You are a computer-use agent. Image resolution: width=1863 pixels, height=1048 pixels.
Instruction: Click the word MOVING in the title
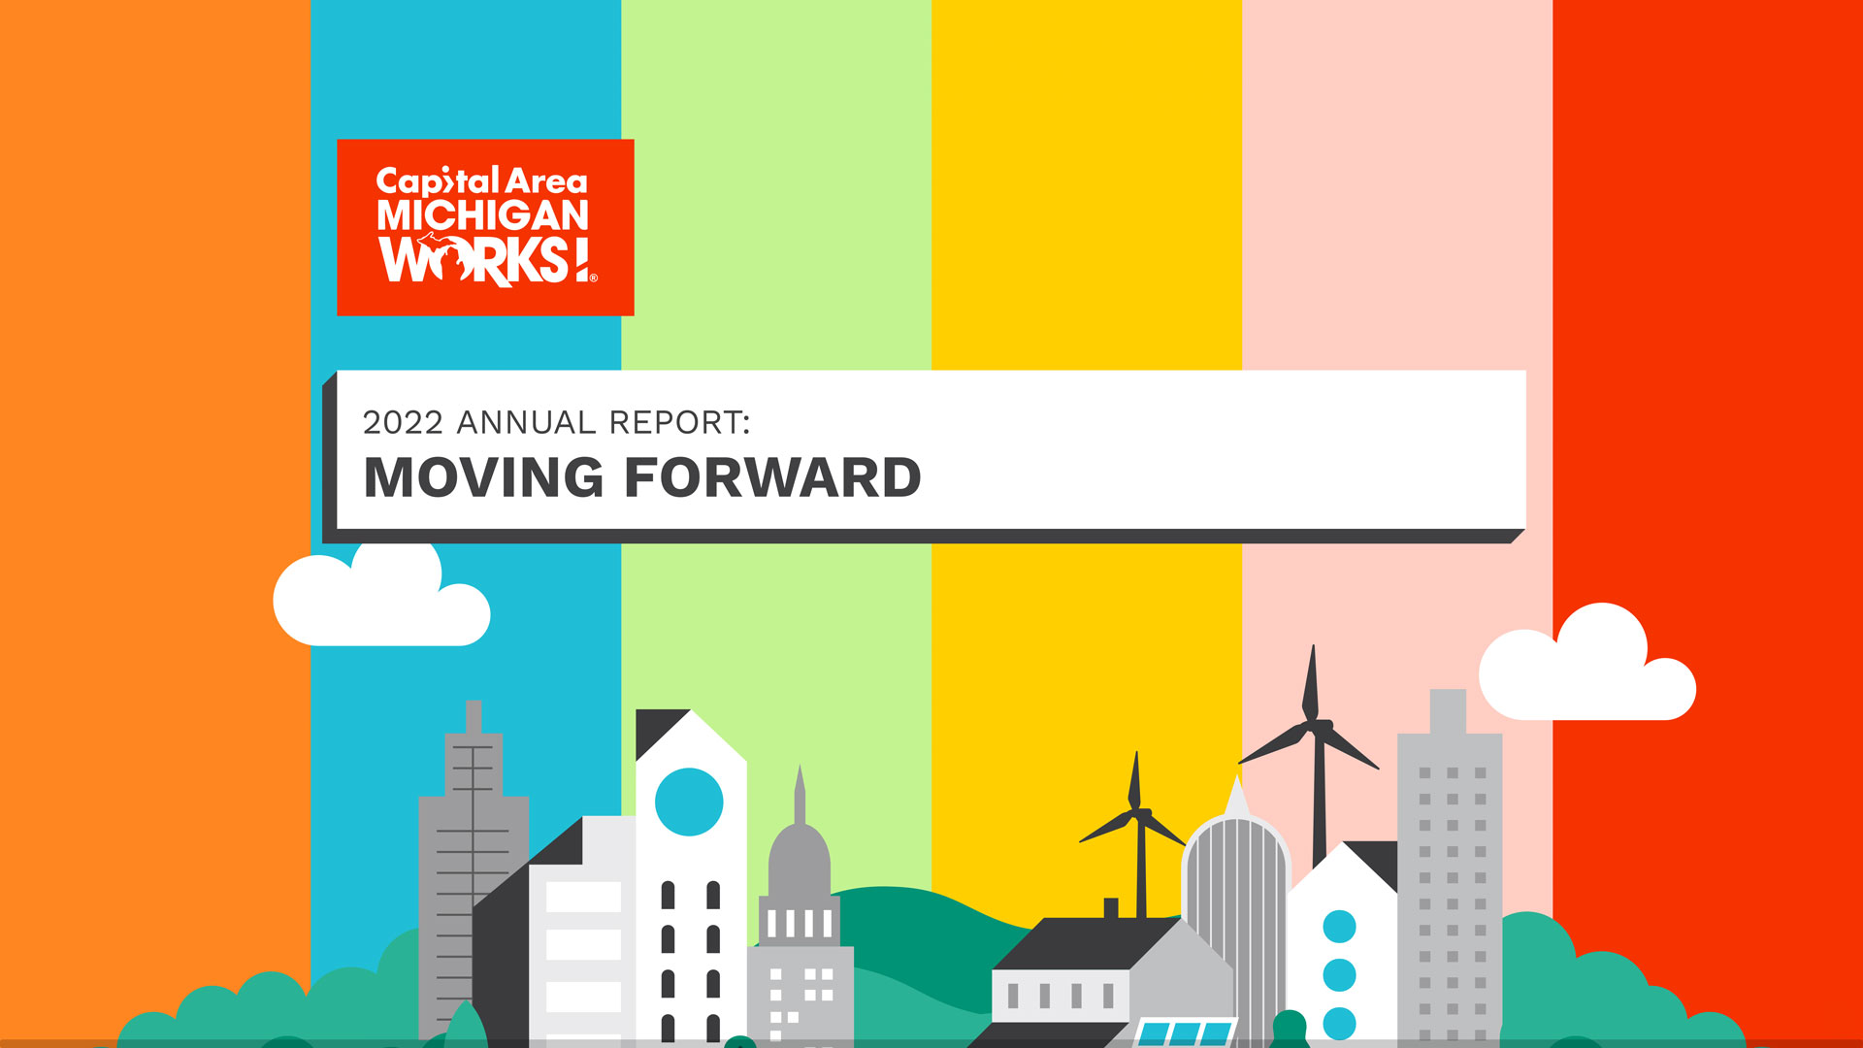[483, 477]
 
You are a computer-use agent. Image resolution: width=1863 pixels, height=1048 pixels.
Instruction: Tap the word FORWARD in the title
[772, 477]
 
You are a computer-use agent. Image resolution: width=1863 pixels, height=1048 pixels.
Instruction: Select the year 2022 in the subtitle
[403, 423]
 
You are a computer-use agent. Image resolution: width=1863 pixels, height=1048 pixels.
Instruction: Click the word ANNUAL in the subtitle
[526, 423]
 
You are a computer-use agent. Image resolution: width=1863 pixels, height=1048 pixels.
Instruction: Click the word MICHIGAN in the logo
[482, 215]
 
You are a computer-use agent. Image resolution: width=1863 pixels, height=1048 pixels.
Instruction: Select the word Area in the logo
[546, 181]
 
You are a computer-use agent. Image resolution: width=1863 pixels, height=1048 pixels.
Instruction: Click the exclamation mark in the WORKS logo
[581, 261]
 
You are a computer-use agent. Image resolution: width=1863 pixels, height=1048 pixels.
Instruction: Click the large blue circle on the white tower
[689, 802]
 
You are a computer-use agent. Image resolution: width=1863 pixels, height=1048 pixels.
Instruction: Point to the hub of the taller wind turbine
[1315, 725]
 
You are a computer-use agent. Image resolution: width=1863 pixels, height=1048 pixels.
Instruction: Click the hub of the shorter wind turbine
[1137, 814]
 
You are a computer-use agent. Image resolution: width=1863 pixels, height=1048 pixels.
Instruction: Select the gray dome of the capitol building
[800, 859]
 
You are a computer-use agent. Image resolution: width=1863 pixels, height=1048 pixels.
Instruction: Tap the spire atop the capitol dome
[800, 791]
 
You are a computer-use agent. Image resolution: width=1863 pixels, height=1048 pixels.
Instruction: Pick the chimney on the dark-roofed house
[1111, 907]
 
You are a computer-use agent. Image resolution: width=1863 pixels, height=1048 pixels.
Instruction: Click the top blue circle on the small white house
[1339, 927]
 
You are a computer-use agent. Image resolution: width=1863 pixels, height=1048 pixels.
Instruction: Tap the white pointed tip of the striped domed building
[1236, 798]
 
